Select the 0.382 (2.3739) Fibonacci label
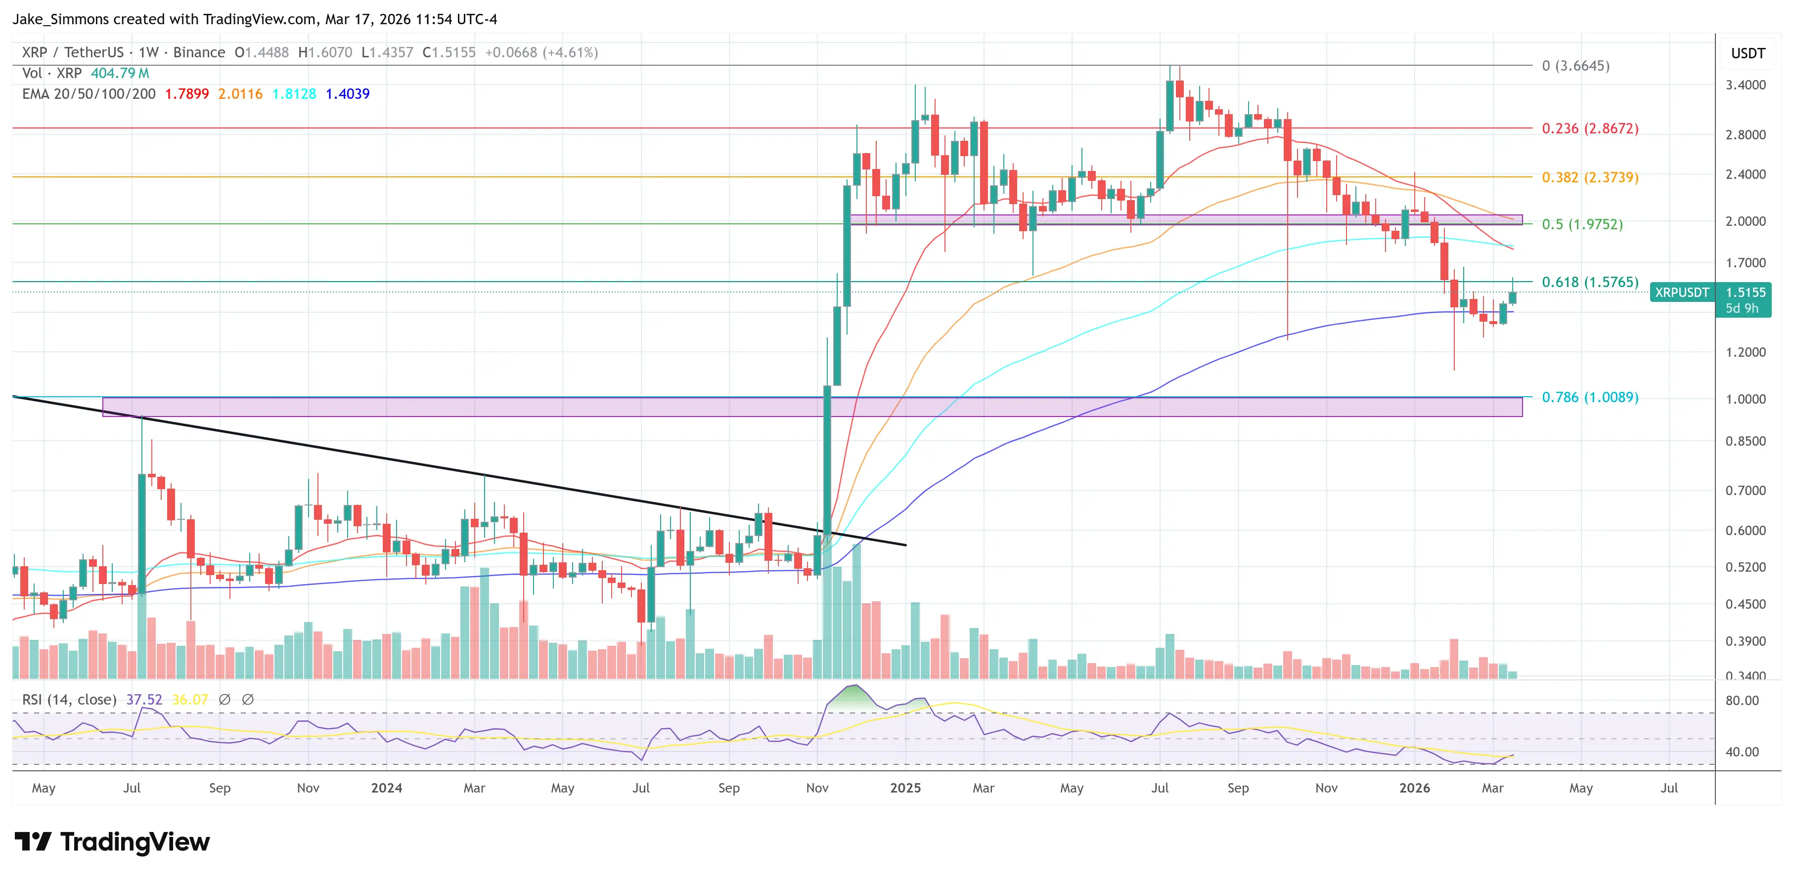[x=1589, y=177]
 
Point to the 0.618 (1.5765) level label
[x=1589, y=282]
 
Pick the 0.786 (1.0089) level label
[x=1589, y=397]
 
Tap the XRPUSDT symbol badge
[x=1681, y=293]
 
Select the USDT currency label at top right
[x=1748, y=53]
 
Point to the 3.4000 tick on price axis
[x=1745, y=85]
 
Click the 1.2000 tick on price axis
[x=1745, y=352]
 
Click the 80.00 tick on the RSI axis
[x=1742, y=700]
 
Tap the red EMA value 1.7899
[x=186, y=94]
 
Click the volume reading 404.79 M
[x=120, y=73]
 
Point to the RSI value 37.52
[x=143, y=700]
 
